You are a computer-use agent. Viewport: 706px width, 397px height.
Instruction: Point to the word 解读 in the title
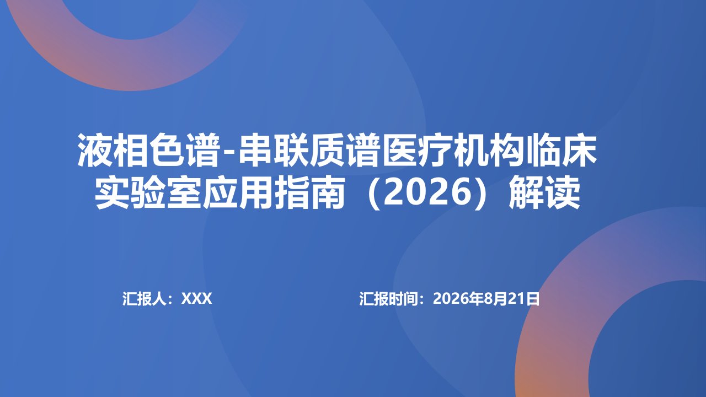[545, 192]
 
